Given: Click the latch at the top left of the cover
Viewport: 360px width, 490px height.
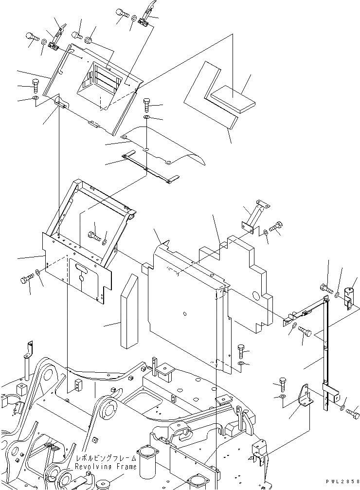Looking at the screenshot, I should coord(57,39).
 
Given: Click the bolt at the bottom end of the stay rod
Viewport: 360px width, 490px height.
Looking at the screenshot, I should coord(353,414).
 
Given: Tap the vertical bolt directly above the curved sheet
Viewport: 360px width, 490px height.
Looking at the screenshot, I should coord(147,105).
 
